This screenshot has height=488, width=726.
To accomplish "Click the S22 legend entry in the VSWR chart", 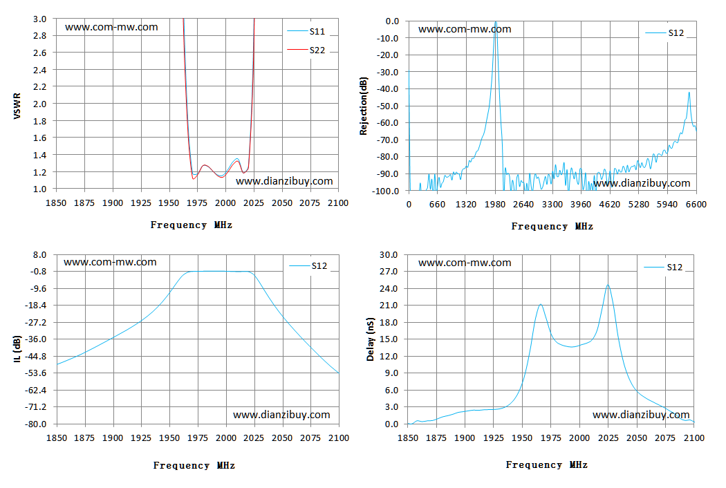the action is [x=306, y=50].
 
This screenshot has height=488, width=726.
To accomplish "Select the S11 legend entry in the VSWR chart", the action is [x=306, y=32].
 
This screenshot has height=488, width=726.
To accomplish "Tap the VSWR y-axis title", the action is [x=17, y=106].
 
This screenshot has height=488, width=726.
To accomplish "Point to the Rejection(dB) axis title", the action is [x=364, y=106].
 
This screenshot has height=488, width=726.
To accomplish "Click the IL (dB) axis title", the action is [x=17, y=348].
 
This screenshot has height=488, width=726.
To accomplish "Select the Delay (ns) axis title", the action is [x=370, y=339].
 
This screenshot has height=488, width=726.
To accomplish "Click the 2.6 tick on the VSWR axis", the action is [x=40, y=53].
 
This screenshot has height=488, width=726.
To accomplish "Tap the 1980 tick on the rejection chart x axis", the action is [x=495, y=204].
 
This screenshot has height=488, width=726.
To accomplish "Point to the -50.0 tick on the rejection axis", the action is [x=387, y=106].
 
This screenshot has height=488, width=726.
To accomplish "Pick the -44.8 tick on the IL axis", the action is [x=36, y=356].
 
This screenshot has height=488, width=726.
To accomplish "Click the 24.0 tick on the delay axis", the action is [x=389, y=288].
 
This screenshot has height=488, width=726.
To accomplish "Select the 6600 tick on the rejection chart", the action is [x=696, y=204].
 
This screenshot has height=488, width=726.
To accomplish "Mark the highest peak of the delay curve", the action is [x=608, y=285].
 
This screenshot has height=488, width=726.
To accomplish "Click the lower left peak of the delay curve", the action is [x=540, y=305].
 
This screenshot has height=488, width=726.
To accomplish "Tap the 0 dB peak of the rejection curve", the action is [x=496, y=21].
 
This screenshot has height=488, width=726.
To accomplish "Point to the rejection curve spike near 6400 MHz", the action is [x=689, y=93].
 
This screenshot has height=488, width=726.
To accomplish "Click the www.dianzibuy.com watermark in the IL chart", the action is [x=281, y=415].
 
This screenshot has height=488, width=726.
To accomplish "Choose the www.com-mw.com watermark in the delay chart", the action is [x=465, y=263].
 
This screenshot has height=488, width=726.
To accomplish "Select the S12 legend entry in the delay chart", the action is [x=663, y=267].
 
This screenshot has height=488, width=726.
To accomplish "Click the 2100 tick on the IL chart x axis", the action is [x=339, y=438].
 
